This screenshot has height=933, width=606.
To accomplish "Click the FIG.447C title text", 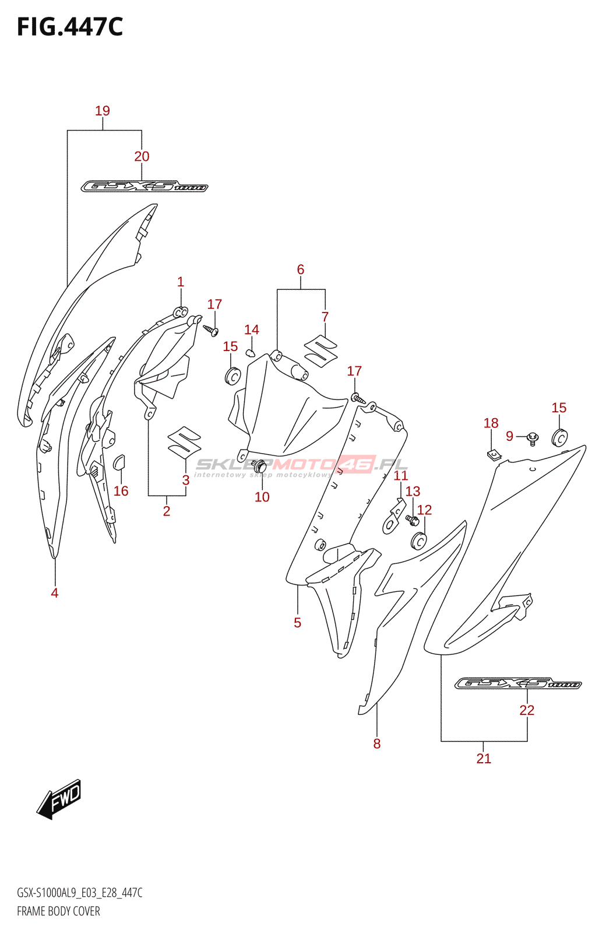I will (x=70, y=27).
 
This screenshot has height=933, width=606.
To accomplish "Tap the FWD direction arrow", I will (x=60, y=798).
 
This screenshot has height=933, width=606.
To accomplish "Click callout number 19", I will (x=103, y=111).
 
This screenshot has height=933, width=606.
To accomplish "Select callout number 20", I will (x=142, y=156).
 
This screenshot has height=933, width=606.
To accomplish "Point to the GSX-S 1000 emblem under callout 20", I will (x=144, y=187).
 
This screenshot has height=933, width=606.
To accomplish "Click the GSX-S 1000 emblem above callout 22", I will (x=517, y=683).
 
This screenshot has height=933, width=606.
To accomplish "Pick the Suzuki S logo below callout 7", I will (x=320, y=351).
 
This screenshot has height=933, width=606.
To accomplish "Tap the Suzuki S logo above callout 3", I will (x=184, y=441).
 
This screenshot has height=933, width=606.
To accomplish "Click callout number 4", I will (x=55, y=593).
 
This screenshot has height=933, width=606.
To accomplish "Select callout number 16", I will (x=121, y=491).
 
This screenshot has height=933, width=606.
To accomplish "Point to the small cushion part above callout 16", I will (x=119, y=462).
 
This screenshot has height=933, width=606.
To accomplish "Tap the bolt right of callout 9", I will (x=533, y=437).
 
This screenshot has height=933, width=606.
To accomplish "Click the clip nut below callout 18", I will (x=494, y=454).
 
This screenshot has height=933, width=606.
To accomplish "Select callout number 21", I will (x=484, y=759).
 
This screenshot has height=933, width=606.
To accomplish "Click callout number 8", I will (x=377, y=743).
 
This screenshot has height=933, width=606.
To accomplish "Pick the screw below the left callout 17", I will (x=212, y=330).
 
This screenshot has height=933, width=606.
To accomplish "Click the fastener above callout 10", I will (x=261, y=466).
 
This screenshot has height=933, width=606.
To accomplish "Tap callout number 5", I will (x=298, y=623).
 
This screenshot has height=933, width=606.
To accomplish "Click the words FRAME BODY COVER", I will (x=58, y=911).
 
